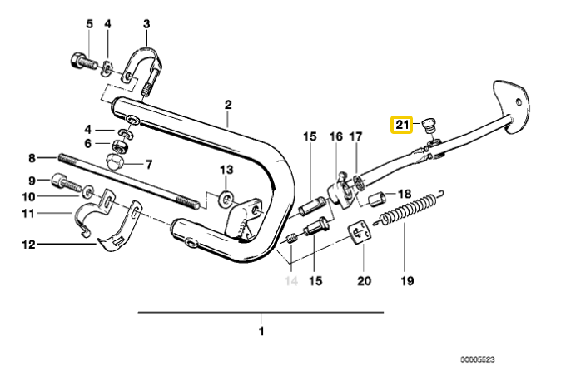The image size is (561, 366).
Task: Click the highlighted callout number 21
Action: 403,125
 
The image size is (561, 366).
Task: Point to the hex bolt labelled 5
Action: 81,61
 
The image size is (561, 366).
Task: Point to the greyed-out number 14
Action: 290,281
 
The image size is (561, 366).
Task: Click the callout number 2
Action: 226,105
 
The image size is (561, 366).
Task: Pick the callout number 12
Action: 28,245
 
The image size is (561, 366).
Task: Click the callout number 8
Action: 32,157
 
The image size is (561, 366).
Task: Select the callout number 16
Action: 335,136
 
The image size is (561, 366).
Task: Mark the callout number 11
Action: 28,213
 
